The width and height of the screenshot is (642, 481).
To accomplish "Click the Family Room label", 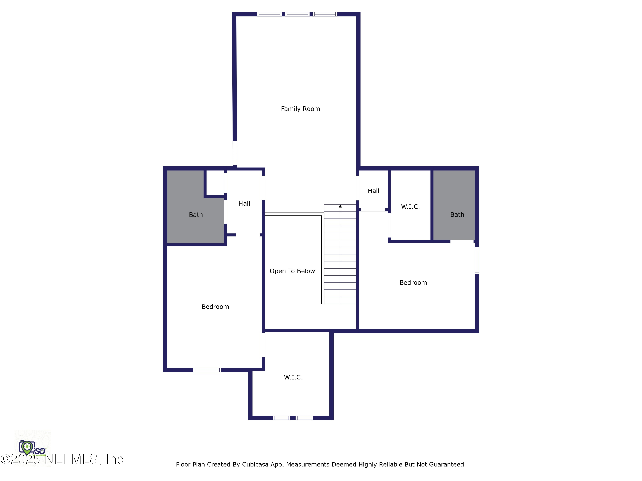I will pyautogui.click(x=300, y=109).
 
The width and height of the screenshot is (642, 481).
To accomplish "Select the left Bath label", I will pyautogui.click(x=196, y=215).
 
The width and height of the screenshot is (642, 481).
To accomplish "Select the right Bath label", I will pyautogui.click(x=457, y=215).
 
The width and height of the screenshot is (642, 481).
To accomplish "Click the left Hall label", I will pyautogui.click(x=244, y=204).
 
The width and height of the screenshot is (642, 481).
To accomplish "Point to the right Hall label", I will pyautogui.click(x=373, y=191).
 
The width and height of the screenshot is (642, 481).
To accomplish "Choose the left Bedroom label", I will pyautogui.click(x=215, y=307).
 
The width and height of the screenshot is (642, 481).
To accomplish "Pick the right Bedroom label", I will pyautogui.click(x=413, y=282).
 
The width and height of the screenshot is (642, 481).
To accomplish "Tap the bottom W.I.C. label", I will pyautogui.click(x=293, y=377).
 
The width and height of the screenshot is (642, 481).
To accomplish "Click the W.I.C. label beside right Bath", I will pyautogui.click(x=410, y=207).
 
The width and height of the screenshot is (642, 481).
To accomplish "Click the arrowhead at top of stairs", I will pyautogui.click(x=340, y=206).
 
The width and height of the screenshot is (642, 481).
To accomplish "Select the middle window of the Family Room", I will pyautogui.click(x=297, y=14).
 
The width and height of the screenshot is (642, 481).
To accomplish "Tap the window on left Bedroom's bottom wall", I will pyautogui.click(x=207, y=370).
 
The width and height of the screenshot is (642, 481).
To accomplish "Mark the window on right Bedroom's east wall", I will pyautogui.click(x=477, y=260).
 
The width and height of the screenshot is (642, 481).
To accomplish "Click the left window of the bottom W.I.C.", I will pyautogui.click(x=281, y=418).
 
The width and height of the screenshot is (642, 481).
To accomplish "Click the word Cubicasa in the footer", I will pyautogui.click(x=255, y=465).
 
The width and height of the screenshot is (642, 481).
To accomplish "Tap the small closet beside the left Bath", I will pyautogui.click(x=215, y=183).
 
